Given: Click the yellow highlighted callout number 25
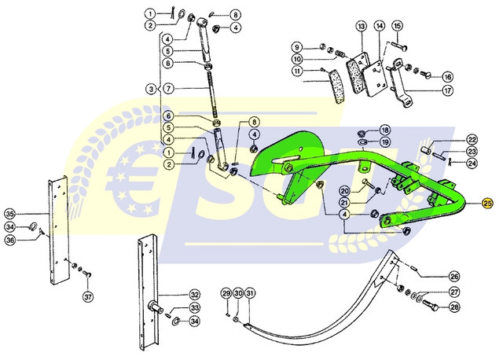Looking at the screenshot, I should (x=487, y=204).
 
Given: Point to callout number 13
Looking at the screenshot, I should (x=361, y=28).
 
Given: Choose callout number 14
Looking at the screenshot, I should (x=379, y=28).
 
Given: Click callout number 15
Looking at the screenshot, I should (x=397, y=28).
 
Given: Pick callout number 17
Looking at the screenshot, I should (x=447, y=90).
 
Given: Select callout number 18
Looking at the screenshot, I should (x=384, y=129).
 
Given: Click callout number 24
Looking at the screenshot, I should (x=472, y=163).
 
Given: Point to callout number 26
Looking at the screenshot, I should (x=454, y=277).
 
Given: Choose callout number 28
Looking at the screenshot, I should (x=454, y=307).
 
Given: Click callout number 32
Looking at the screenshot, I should (x=195, y=295).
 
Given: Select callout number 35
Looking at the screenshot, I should (x=10, y=213).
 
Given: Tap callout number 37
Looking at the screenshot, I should (x=87, y=297).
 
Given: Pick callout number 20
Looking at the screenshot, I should (x=345, y=191).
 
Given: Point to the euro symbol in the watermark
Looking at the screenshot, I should (x=134, y=177).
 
